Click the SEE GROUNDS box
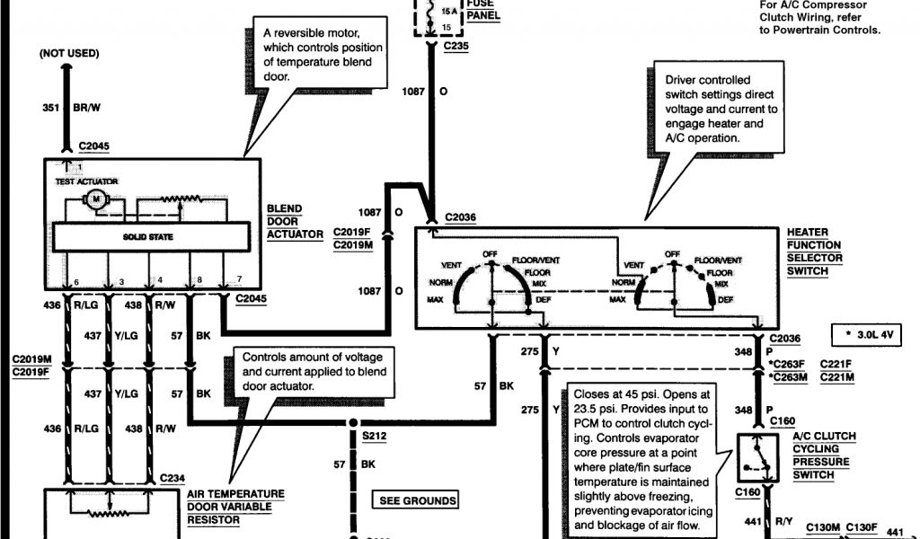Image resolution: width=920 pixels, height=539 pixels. click(x=417, y=500)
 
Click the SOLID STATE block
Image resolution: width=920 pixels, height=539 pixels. click(x=148, y=236)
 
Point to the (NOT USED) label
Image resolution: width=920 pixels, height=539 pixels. click(x=67, y=54)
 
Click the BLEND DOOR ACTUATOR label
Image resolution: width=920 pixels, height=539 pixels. click(x=295, y=222)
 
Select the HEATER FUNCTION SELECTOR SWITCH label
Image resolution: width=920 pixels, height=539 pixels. click(x=814, y=251)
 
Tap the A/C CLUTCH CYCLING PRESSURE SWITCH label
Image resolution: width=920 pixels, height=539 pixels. click(x=823, y=455)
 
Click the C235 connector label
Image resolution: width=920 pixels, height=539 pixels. click(x=456, y=47)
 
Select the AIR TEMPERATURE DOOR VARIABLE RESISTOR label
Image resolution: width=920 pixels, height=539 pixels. click(x=235, y=507)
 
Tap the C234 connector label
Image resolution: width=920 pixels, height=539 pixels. click(x=173, y=478)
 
